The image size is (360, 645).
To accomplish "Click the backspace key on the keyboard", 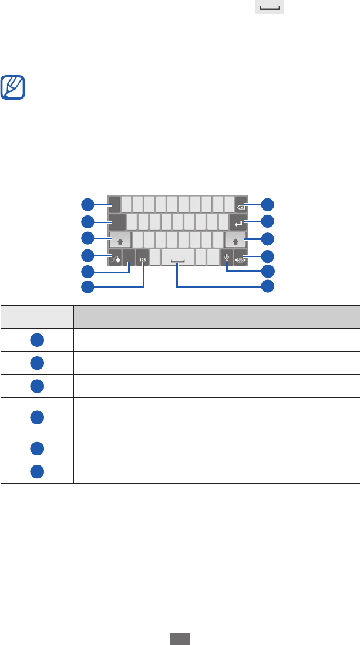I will pyautogui.click(x=241, y=204).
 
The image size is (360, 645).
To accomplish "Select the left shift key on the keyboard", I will pyautogui.click(x=120, y=239).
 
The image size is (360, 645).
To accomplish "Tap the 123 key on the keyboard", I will pyautogui.click(x=142, y=256).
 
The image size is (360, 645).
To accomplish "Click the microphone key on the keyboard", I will pyautogui.click(x=227, y=256).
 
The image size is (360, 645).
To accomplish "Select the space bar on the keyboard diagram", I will pyautogui.click(x=177, y=256).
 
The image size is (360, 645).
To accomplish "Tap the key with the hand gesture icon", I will pyautogui.click(x=115, y=256).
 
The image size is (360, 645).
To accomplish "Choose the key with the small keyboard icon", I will pyautogui.click(x=241, y=256).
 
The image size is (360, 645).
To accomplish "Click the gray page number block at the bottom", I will pyautogui.click(x=180, y=639).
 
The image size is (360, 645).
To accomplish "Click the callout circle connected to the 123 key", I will pyautogui.click(x=87, y=286).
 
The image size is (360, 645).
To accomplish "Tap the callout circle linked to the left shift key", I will pyautogui.click(x=87, y=238).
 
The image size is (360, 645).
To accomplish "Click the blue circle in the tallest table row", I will pyautogui.click(x=37, y=417).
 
